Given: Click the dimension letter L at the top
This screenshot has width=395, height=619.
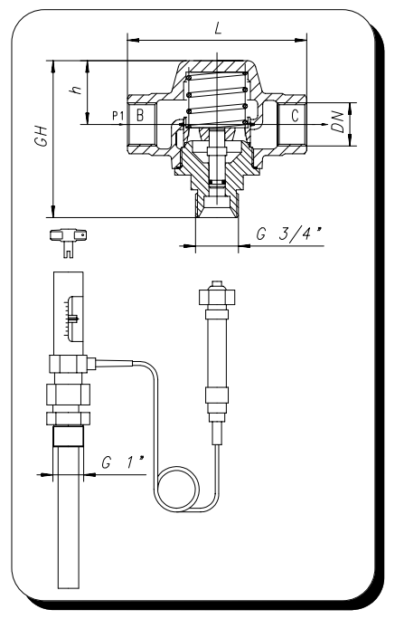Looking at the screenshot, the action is pyautogui.click(x=218, y=28).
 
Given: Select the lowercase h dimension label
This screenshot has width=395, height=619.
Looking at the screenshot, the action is pyautogui.click(x=75, y=89).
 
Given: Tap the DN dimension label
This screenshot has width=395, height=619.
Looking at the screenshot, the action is pyautogui.click(x=337, y=122).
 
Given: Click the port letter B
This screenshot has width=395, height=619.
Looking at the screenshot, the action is pyautogui.click(x=139, y=115).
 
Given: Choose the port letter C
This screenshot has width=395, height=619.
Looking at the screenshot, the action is pyautogui.click(x=295, y=116).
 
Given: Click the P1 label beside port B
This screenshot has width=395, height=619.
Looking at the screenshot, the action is pyautogui.click(x=118, y=116).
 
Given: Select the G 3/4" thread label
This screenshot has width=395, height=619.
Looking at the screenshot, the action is pyautogui.click(x=287, y=233).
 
